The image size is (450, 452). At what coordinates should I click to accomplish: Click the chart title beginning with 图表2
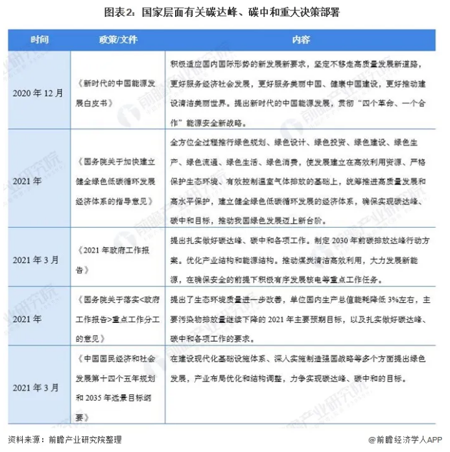pyautogui.click(x=225, y=13)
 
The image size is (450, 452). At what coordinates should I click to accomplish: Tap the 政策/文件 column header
pyautogui.click(x=116, y=40)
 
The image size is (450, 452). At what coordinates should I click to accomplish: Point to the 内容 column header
pyautogui.click(x=302, y=40)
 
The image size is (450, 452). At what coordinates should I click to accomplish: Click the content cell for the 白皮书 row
pyautogui.click(x=302, y=91)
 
